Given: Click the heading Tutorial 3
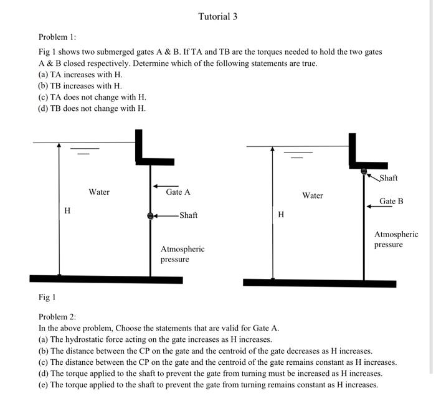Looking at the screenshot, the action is tap(217, 16).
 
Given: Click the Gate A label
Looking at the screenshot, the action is tap(178, 192).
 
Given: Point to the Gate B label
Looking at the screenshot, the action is tap(391, 201).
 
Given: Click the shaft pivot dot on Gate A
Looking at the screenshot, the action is tap(150, 215).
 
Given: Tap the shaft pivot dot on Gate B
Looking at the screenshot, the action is tap(364, 170).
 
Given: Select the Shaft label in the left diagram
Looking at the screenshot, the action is tap(188, 215).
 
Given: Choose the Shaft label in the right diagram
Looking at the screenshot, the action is tap(388, 178).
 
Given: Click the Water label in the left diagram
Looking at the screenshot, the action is tap(99, 192).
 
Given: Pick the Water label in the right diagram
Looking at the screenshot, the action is tap(313, 195).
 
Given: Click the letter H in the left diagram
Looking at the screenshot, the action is tap(67, 212).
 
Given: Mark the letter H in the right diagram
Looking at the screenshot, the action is tap(281, 215).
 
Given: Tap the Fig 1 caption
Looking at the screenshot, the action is tap(47, 297).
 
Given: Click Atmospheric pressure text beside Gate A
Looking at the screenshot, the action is tap(182, 254).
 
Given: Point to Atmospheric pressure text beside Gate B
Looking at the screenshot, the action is tap(396, 240).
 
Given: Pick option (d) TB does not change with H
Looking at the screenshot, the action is tap(92, 108).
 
